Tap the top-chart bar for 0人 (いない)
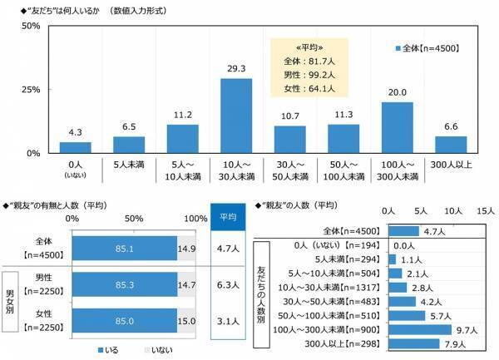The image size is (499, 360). pyautogui.click(x=74, y=147)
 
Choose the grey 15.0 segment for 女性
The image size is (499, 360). pyautogui.click(x=186, y=317)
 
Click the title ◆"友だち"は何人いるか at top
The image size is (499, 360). pyautogui.click(x=67, y=8)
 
